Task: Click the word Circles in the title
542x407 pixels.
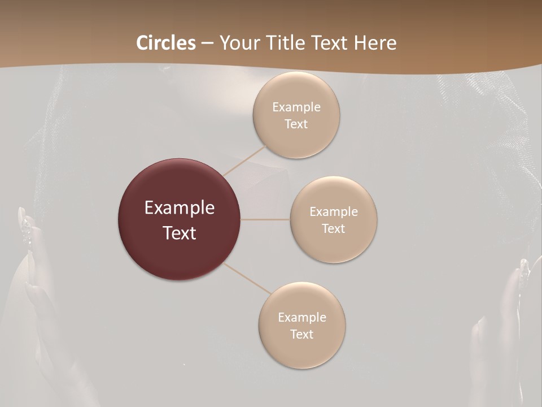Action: pyautogui.click(x=165, y=43)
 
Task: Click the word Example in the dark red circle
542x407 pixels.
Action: pyautogui.click(x=180, y=208)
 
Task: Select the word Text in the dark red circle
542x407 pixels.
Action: pyautogui.click(x=180, y=233)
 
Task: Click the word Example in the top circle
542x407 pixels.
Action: pyautogui.click(x=296, y=107)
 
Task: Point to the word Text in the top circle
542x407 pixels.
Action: pyautogui.click(x=296, y=124)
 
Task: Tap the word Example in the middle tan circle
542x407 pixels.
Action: pyautogui.click(x=334, y=212)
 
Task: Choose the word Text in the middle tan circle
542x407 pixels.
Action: pyautogui.click(x=334, y=229)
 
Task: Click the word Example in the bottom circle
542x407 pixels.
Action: pyautogui.click(x=302, y=318)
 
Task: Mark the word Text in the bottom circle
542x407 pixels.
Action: pyautogui.click(x=302, y=335)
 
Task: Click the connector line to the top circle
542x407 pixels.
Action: pyautogui.click(x=246, y=159)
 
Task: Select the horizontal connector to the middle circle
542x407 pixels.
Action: pyautogui.click(x=265, y=219)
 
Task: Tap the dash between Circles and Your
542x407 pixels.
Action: pyautogui.click(x=207, y=43)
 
